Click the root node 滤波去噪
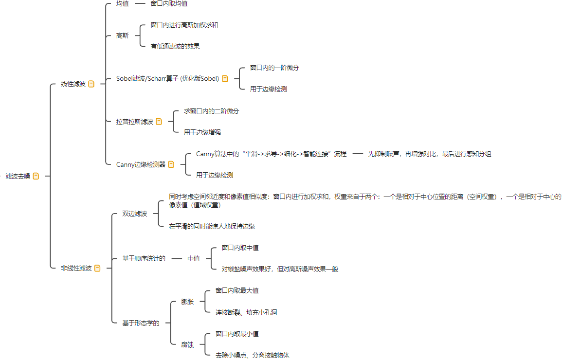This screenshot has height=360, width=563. coord(18,176)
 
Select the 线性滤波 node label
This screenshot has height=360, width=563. coord(73,84)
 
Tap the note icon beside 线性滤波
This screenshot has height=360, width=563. coord(91,84)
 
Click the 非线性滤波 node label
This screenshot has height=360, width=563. coord(76,268)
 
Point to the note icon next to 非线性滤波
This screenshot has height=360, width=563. coord(97,268)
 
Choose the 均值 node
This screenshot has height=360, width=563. coord(123,3)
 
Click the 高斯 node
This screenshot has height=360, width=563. coord(123,36)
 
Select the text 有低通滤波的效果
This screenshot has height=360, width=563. coord(175,46)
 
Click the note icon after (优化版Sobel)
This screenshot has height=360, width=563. coord(225,79)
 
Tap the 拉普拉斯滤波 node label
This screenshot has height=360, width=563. coord(135,122)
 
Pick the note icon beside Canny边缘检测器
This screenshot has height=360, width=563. coord(171,164)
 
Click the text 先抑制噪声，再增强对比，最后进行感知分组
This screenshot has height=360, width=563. coord(430,154)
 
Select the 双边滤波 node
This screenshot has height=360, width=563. coord(135,214)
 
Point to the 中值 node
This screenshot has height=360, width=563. coord(194,258)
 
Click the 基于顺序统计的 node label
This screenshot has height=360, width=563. coord(144,258)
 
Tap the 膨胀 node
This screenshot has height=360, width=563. coord(187,302)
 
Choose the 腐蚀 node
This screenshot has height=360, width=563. coord(187,345)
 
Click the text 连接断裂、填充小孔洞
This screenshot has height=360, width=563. coord(246,313)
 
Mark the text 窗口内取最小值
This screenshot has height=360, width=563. coord(237,334)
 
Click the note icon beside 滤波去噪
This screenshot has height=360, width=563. coord(36,176)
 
